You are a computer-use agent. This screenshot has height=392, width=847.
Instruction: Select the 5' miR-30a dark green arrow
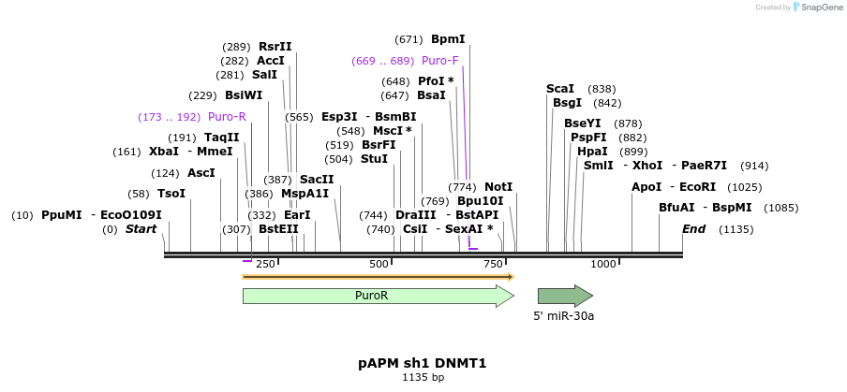tap(564, 297)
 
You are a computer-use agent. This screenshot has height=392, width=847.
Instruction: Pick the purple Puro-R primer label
tap(227, 117)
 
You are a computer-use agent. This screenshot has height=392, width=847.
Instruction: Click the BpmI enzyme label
tap(448, 39)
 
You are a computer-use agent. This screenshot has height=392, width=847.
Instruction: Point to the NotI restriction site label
tap(498, 187)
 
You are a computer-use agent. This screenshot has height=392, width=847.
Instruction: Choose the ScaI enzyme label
tap(560, 89)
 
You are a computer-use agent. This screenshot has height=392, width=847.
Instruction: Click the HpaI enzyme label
tap(592, 152)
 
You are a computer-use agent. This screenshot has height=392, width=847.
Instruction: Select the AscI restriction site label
tap(201, 173)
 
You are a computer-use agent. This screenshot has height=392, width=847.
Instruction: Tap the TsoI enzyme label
tap(171, 194)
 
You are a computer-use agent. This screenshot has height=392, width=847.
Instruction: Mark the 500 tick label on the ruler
tap(379, 265)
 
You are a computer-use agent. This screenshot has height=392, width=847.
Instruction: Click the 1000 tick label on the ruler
tap(602, 265)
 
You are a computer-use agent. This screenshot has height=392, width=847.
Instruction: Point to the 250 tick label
tap(265, 265)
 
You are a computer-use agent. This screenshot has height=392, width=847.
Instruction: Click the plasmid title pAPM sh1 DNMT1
tap(423, 362)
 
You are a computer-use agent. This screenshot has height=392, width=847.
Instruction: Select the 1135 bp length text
tap(423, 377)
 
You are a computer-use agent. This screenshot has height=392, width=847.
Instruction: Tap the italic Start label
tap(141, 229)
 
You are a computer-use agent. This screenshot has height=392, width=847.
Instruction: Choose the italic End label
tap(694, 229)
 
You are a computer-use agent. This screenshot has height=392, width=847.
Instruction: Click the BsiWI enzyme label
tap(244, 95)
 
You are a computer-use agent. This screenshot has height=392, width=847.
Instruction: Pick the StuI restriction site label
tap(374, 159)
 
